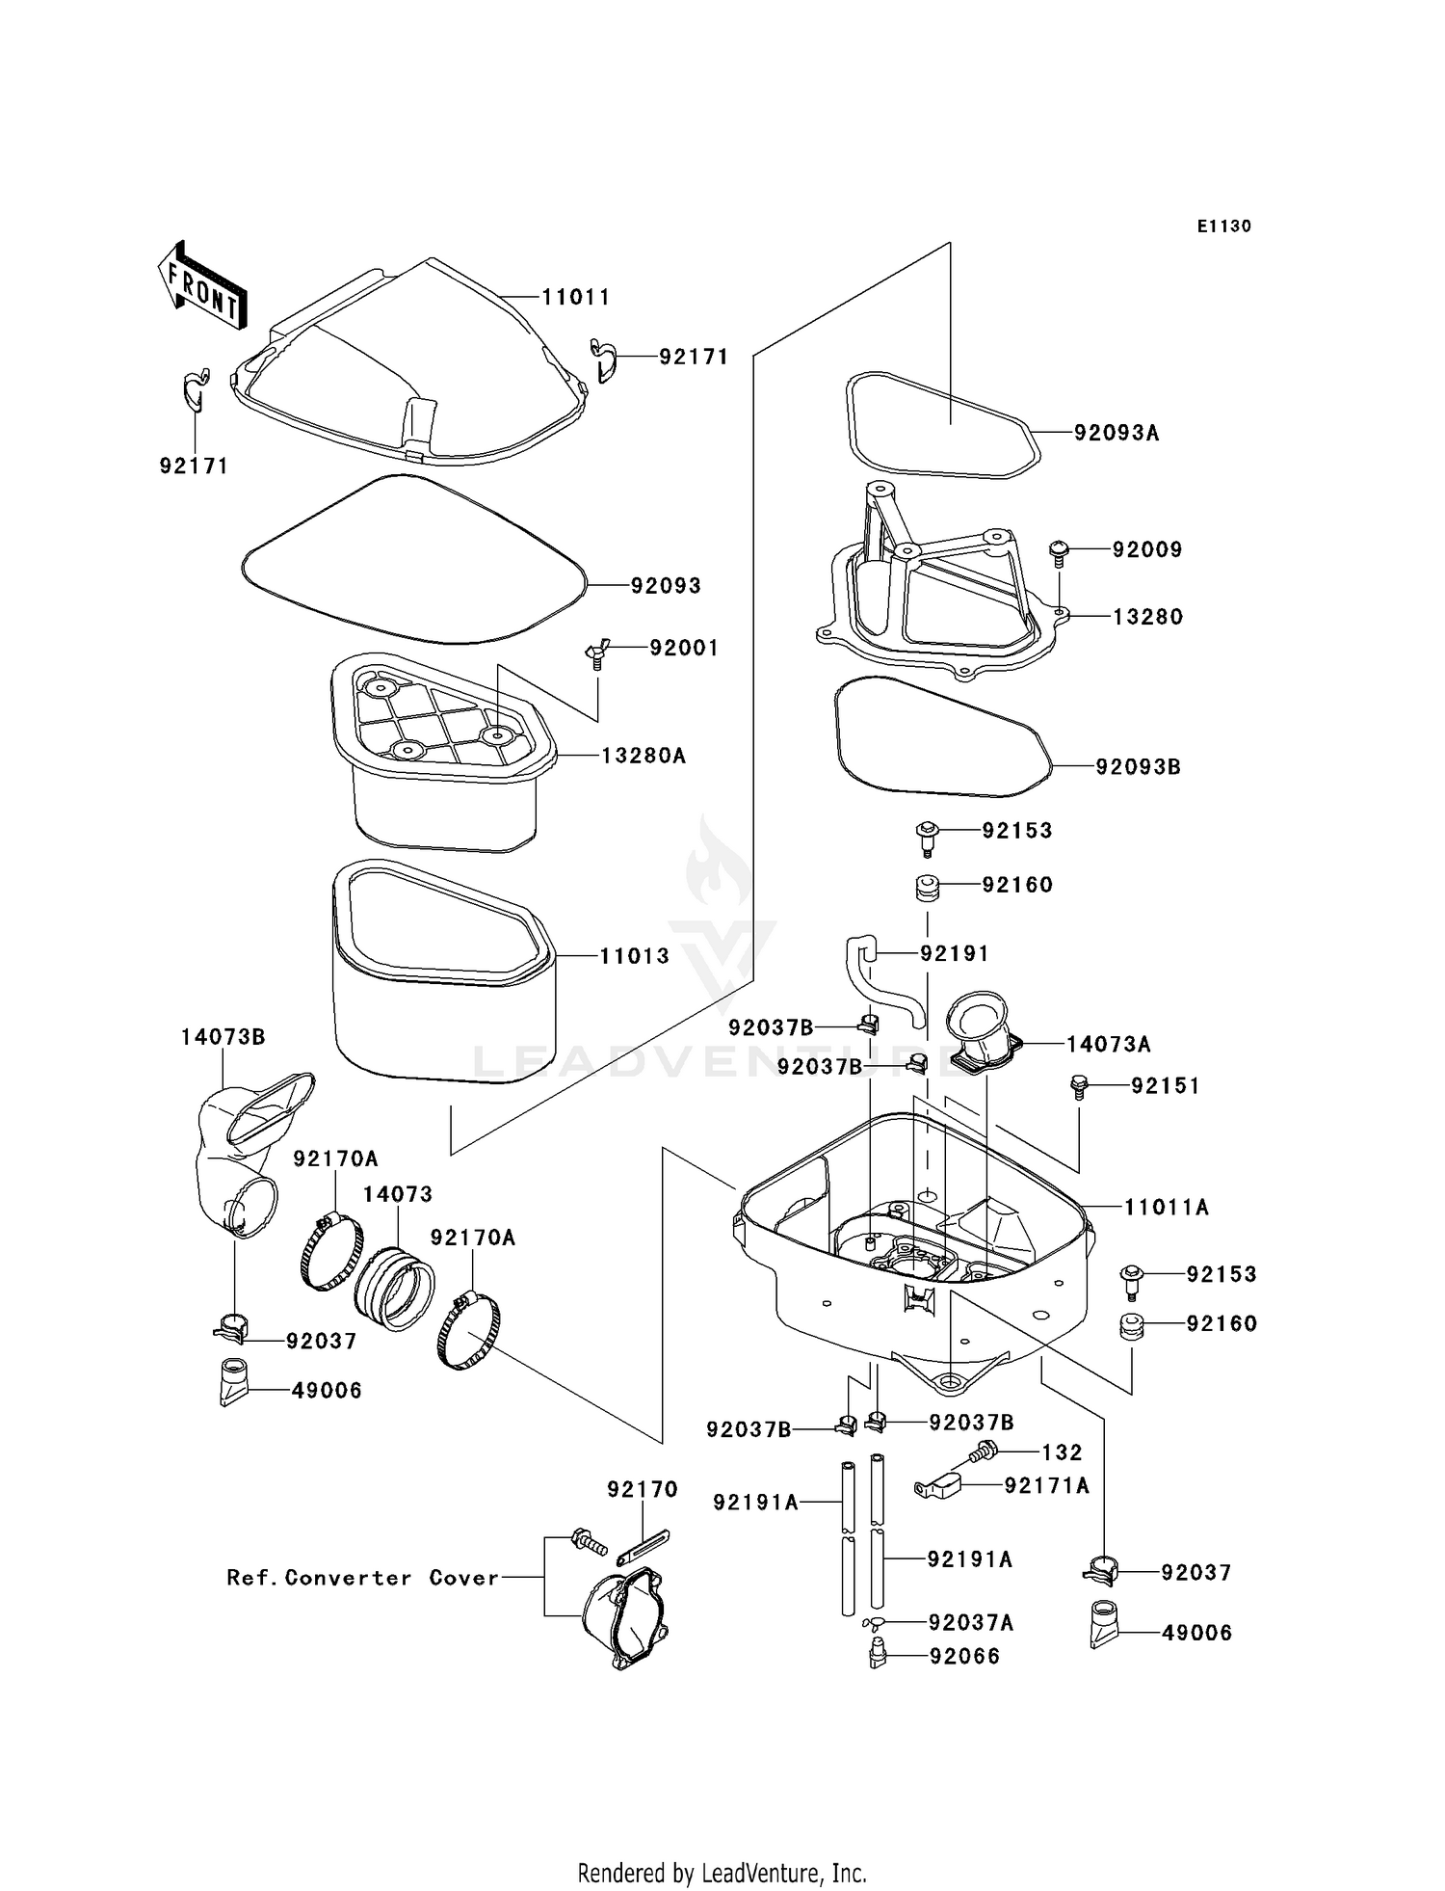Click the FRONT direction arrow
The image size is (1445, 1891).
pyautogui.click(x=201, y=286)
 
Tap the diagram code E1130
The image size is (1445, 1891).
pyautogui.click(x=1223, y=226)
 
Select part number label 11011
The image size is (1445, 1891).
pyautogui.click(x=576, y=297)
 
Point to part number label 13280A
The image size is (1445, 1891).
pyautogui.click(x=643, y=756)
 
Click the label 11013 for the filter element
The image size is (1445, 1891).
pyautogui.click(x=634, y=956)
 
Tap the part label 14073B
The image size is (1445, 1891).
pyautogui.click(x=223, y=1037)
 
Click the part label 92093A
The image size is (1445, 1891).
pyautogui.click(x=1117, y=433)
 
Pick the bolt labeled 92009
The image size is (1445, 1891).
pyautogui.click(x=1059, y=552)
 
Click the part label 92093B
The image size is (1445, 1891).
pyautogui.click(x=1138, y=767)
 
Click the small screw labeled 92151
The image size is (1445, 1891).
pyautogui.click(x=1079, y=1088)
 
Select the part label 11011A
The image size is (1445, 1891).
pyautogui.click(x=1166, y=1207)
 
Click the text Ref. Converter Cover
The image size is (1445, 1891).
pyautogui.click(x=363, y=1578)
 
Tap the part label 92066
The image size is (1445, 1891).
pyautogui.click(x=964, y=1656)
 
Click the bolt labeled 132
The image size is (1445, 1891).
pyautogui.click(x=983, y=1452)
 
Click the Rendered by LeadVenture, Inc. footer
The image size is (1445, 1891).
pyautogui.click(x=722, y=1873)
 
